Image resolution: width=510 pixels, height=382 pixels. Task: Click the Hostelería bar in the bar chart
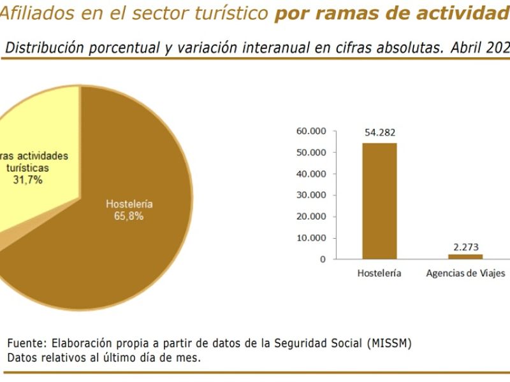pyautogui.click(x=379, y=201)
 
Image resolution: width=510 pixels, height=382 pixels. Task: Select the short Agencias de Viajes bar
pyautogui.click(x=465, y=257)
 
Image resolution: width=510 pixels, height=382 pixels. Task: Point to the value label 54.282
pyautogui.click(x=380, y=132)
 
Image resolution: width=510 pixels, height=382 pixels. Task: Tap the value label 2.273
pyautogui.click(x=466, y=247)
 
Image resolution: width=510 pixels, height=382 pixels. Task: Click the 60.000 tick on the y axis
pyautogui.click(x=311, y=131)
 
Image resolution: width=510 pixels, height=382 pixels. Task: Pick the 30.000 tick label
pyautogui.click(x=311, y=195)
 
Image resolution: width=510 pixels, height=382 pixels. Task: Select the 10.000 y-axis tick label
pyautogui.click(x=311, y=238)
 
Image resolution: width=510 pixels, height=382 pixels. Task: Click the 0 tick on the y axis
pyautogui.click(x=323, y=259)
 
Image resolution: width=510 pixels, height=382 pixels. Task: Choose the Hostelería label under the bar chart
pyautogui.click(x=379, y=273)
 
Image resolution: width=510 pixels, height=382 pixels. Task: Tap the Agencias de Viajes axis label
pyautogui.click(x=466, y=273)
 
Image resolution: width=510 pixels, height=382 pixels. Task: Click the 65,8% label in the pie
pyautogui.click(x=129, y=216)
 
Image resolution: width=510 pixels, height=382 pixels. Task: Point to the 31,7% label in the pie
pyautogui.click(x=27, y=180)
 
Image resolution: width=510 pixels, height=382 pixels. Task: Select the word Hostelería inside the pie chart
pyautogui.click(x=129, y=204)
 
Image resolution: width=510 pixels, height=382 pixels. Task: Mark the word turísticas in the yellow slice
pyautogui.click(x=27, y=168)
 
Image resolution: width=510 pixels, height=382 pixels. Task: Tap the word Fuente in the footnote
pyautogui.click(x=27, y=343)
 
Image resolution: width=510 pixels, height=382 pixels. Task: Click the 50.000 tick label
pyautogui.click(x=311, y=153)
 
